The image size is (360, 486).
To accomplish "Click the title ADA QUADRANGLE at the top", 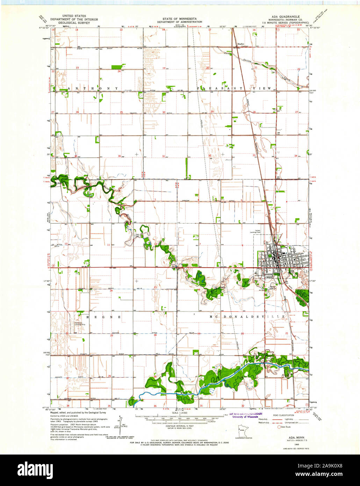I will (x=287, y=16).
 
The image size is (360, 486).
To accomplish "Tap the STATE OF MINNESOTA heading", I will (x=179, y=19).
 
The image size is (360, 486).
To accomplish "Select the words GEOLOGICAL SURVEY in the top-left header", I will (x=74, y=23).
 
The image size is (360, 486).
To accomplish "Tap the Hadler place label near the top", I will (x=240, y=44).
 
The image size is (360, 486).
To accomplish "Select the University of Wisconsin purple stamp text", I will (x=245, y=417).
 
